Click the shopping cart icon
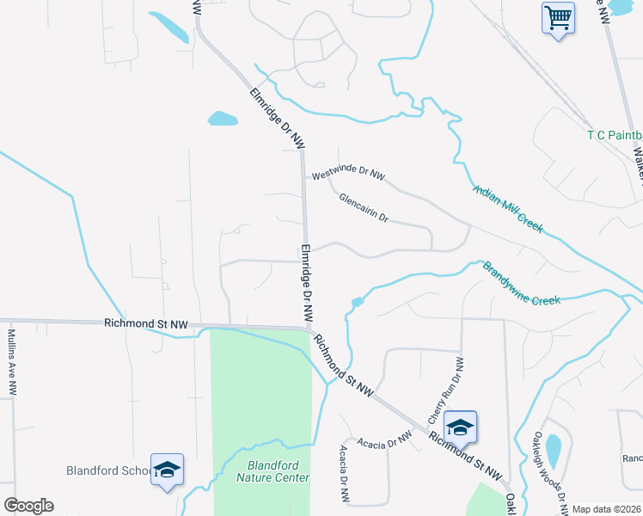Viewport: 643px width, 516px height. coord(558,17)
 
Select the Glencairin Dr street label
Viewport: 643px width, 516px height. coord(364,207)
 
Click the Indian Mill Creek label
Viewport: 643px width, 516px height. coord(506,207)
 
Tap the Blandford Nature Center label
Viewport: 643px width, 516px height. coord(273,470)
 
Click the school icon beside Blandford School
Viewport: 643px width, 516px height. coord(167,469)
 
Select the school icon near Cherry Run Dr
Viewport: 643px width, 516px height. coord(460,427)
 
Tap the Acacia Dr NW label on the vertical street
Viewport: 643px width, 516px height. coord(344,474)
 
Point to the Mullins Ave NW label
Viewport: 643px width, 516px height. coord(12,361)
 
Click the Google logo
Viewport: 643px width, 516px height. coord(28,506)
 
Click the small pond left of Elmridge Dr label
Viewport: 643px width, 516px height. coord(223,119)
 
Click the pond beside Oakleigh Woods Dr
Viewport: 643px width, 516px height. coord(554,449)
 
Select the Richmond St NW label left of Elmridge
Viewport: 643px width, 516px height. coord(145,324)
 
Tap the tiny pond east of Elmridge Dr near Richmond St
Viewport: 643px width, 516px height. coord(357,302)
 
